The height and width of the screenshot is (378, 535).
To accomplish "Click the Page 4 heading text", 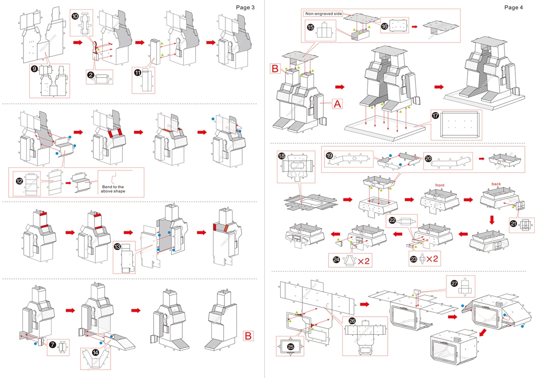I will coord(514,7).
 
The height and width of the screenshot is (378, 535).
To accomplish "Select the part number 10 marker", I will coord(75,16).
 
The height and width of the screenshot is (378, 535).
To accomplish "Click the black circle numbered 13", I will coord(118,246).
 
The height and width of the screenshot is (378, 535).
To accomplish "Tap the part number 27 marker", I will coord(454,283).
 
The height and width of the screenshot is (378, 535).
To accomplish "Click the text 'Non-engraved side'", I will coord(324,14).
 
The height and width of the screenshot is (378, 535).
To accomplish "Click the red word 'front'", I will coord(439,185).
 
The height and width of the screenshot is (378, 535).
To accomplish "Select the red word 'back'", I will coord(496,184).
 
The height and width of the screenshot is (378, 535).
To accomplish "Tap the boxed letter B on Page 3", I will coord(248,336).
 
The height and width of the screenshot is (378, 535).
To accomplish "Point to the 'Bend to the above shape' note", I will coord(112,188).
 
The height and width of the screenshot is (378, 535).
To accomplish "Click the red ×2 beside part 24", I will coord(363,261).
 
